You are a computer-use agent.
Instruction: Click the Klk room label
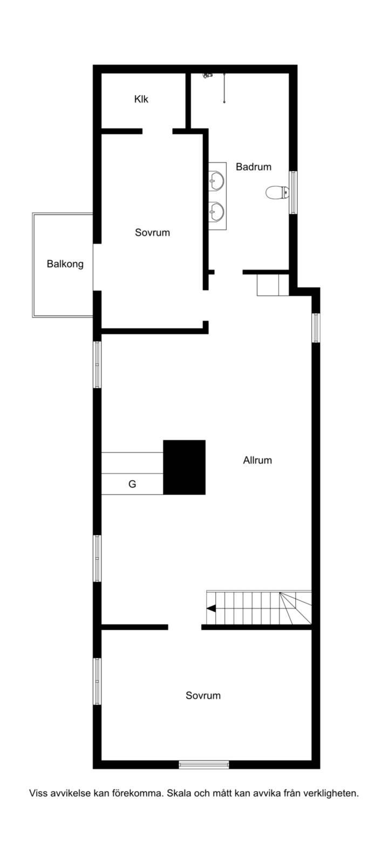pos(141,99)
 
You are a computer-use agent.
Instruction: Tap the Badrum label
pos(254,167)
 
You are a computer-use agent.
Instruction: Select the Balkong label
pos(65,264)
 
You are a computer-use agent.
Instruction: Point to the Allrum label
pos(257,460)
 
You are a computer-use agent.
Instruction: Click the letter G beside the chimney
pos(132,484)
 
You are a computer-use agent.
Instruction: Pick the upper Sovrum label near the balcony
pos(152,233)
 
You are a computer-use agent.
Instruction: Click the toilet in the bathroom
pos(277,192)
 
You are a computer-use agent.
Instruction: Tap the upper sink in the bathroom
pos(217,180)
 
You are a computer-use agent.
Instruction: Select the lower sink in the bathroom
pos(217,211)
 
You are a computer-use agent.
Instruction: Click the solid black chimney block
pos(184,467)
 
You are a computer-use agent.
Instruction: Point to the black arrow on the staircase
pos(211,608)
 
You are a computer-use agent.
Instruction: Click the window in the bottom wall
pos(204,765)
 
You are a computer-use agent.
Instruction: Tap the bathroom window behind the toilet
pos(293,192)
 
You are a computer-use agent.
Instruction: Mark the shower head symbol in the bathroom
pos(208,76)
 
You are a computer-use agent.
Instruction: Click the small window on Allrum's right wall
pos(316,328)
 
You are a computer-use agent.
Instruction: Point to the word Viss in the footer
pos(38,793)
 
